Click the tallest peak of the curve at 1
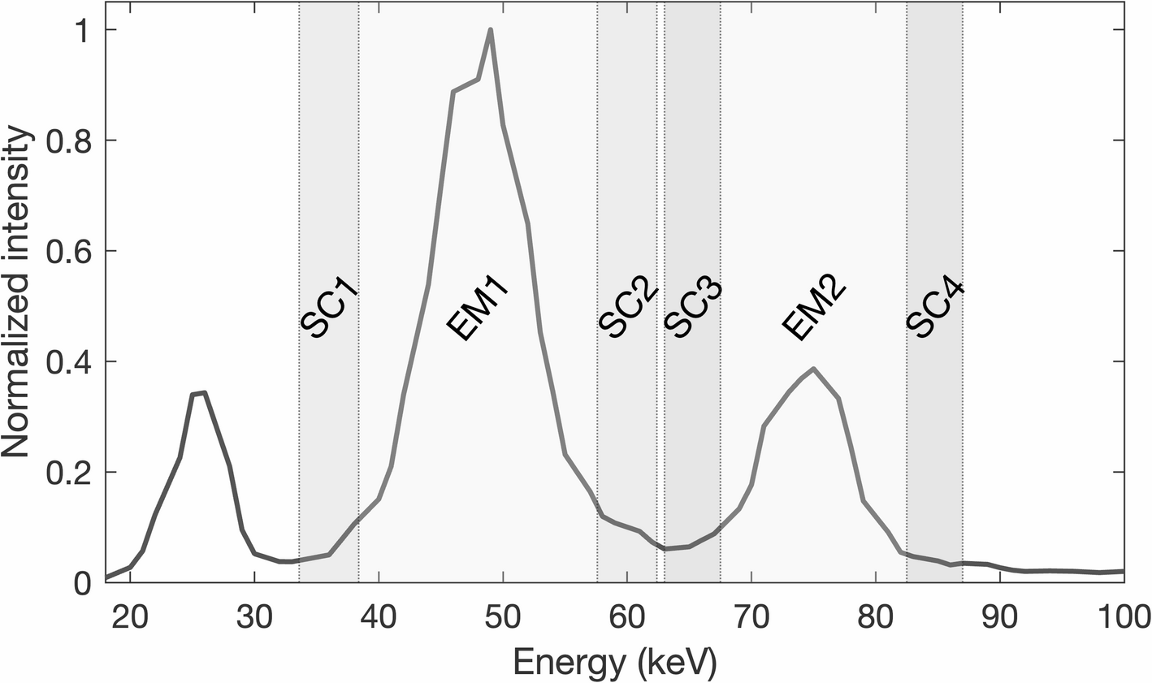click(491, 30)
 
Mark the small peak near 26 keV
click(205, 393)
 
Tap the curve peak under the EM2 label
click(813, 369)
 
